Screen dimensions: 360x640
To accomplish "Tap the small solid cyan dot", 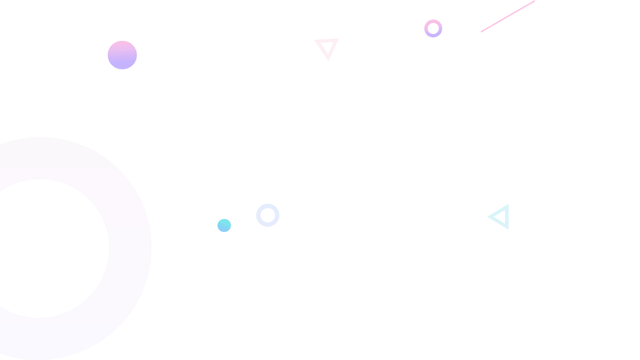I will tap(224, 225).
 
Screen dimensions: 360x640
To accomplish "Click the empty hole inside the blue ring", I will tap(268, 215).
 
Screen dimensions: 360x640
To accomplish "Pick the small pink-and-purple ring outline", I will tap(433, 21).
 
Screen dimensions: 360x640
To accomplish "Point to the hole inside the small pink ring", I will tap(433, 28).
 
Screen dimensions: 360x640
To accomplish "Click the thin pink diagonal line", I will tap(508, 16).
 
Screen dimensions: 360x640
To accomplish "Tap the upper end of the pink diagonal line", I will tap(534, 1).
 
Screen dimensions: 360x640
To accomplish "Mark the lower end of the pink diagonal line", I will tap(482, 31).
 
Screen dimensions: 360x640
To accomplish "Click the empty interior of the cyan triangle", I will tap(502, 217).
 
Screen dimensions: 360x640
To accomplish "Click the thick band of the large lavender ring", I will tap(130, 247).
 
